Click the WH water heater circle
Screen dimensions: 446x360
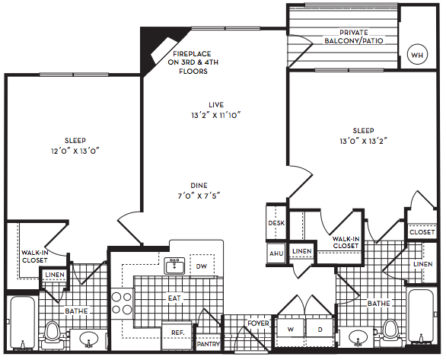[417, 55]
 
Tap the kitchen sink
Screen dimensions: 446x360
[175, 266]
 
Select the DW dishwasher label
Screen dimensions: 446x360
[202, 266]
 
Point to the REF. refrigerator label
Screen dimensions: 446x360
[178, 333]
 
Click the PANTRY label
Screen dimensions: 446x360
[209, 344]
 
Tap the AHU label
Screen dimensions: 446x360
[276, 253]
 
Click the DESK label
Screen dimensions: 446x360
[276, 223]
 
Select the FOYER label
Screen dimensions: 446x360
[258, 323]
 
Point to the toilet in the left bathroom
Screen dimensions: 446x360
[53, 335]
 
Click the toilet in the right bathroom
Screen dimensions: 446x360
[390, 333]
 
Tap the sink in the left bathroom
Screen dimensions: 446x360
[89, 339]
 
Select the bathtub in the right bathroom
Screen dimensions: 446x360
[420, 316]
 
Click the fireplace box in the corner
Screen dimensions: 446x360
[164, 50]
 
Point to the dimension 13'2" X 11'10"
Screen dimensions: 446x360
[216, 115]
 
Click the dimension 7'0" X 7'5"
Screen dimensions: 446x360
[199, 196]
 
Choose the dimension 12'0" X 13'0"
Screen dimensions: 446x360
[75, 151]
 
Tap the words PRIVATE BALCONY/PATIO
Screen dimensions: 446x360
[354, 37]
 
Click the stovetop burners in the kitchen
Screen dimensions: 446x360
[122, 304]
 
